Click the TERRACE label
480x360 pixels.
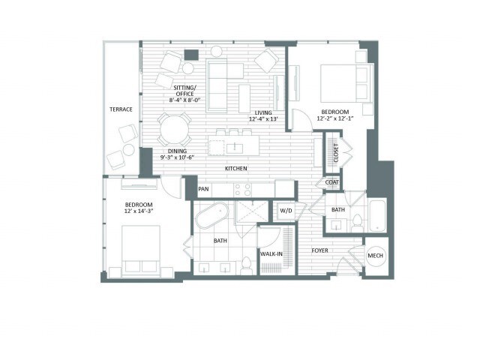(x=121, y=109)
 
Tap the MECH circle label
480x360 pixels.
(x=375, y=256)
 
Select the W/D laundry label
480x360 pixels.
(x=286, y=211)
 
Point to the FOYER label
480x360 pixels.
(x=320, y=250)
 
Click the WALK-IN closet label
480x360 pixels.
(x=271, y=254)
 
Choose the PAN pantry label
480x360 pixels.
(x=203, y=189)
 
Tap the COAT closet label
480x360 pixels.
(x=331, y=182)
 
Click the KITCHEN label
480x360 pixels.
(x=236, y=168)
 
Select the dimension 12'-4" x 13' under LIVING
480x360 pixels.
(x=263, y=118)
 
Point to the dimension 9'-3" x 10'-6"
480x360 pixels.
(x=178, y=157)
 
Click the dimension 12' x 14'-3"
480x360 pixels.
(x=139, y=211)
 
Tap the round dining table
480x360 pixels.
(x=175, y=130)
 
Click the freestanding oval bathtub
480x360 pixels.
(x=212, y=215)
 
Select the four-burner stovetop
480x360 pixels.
(x=243, y=190)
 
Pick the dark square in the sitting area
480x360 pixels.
(x=191, y=55)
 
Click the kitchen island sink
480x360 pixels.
(x=235, y=148)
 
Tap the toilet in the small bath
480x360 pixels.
(x=357, y=223)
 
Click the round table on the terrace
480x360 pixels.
(x=129, y=150)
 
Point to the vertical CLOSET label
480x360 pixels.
(x=336, y=153)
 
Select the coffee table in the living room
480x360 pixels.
(x=244, y=98)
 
